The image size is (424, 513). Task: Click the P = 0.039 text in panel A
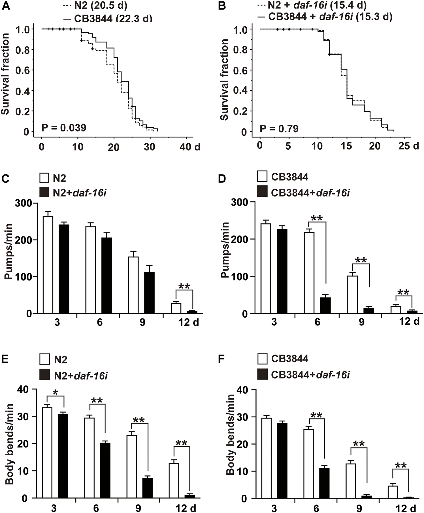[64, 128]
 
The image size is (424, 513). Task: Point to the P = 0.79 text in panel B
[279, 129]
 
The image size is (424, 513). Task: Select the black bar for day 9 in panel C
[149, 293]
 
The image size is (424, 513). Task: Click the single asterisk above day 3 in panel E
[56, 392]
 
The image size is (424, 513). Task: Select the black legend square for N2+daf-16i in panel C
[45, 193]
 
